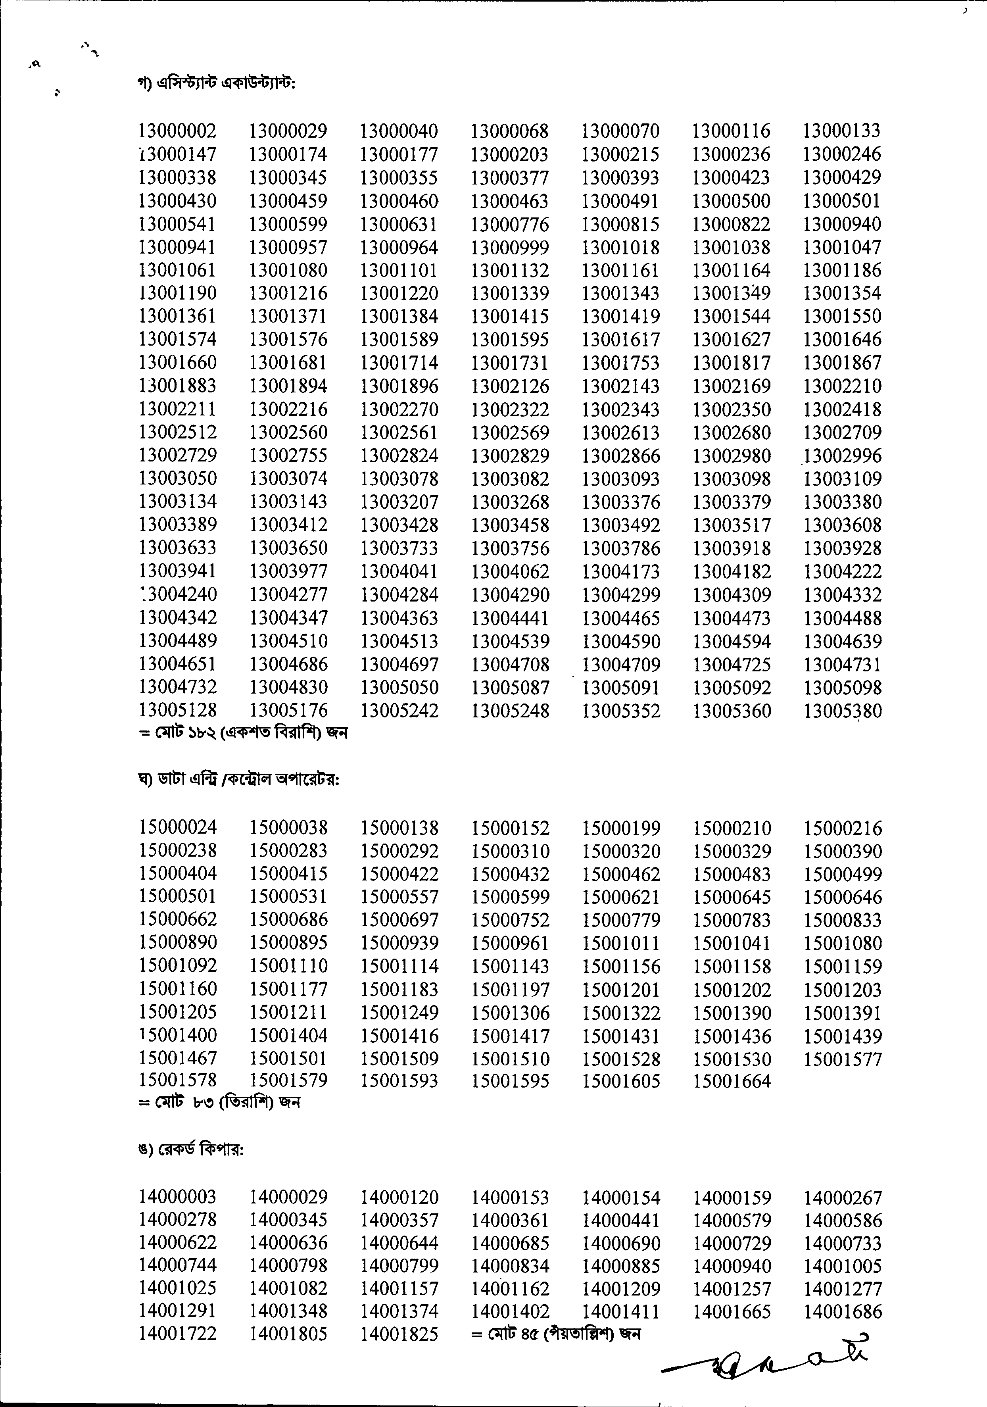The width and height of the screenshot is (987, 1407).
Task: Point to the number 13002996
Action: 843,456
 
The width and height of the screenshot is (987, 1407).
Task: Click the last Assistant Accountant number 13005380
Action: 843,711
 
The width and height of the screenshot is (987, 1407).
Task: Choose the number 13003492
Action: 620,525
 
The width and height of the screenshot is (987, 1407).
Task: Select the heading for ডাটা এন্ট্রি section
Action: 239,780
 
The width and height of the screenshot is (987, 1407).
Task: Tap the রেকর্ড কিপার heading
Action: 191,1150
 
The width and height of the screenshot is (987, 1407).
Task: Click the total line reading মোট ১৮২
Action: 243,732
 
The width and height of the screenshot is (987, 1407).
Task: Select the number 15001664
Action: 732,1082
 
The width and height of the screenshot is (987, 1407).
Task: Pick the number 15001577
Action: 843,1059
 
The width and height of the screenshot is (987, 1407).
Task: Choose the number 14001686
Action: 843,1311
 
